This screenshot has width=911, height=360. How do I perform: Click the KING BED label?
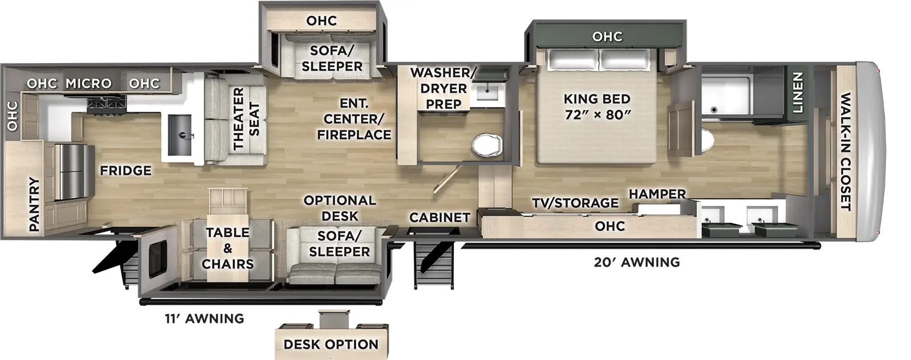597,107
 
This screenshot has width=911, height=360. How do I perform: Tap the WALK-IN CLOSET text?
846,152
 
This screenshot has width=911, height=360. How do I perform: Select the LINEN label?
797,92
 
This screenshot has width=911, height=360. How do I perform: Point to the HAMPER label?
657,194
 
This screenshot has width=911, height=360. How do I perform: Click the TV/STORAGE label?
575,203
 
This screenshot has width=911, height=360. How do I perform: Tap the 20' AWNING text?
637,263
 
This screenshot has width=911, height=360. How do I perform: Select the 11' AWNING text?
204,318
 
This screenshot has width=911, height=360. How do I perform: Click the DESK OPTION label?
331,345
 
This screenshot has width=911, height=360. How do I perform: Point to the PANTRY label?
34,204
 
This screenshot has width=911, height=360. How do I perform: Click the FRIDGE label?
125,170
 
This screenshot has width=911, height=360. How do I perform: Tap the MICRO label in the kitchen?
88,84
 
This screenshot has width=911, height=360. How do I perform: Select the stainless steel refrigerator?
74,171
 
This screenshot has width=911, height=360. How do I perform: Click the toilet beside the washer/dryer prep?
487,144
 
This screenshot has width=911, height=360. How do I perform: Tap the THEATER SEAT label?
246,118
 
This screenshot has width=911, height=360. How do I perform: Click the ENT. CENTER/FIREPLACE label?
354,119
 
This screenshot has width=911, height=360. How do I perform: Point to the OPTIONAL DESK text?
339,208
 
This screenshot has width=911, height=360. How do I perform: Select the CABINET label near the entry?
440,217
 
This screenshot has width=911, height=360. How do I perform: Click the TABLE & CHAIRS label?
228,248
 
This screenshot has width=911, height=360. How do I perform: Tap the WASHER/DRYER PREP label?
442,88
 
